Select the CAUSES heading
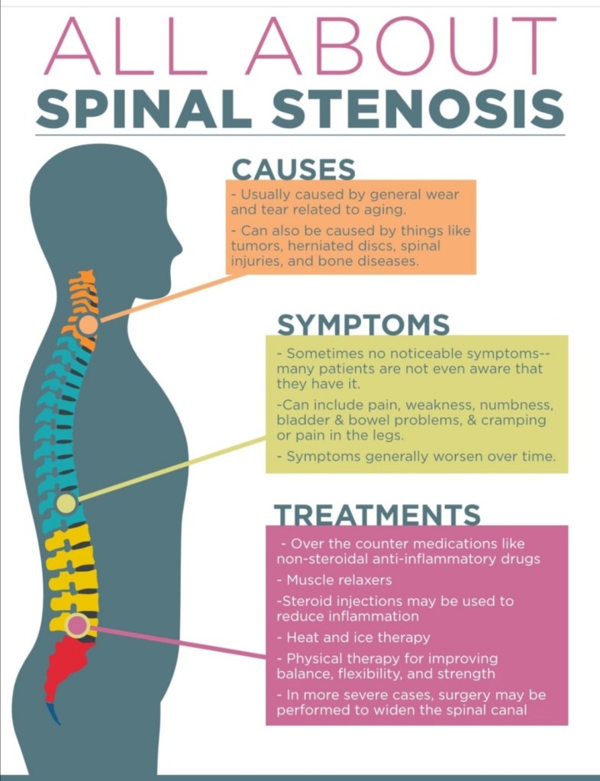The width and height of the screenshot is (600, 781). (x=293, y=168)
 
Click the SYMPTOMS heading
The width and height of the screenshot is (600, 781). (x=363, y=324)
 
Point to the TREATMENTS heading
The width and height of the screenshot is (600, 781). (x=377, y=515)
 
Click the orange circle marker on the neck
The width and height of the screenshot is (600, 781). (x=89, y=324)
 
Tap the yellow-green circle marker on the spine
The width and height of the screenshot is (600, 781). (x=66, y=503)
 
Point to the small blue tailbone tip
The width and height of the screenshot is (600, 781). (x=54, y=713)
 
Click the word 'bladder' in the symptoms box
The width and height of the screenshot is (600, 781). (x=300, y=420)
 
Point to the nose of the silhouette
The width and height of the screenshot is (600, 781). (x=181, y=248)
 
